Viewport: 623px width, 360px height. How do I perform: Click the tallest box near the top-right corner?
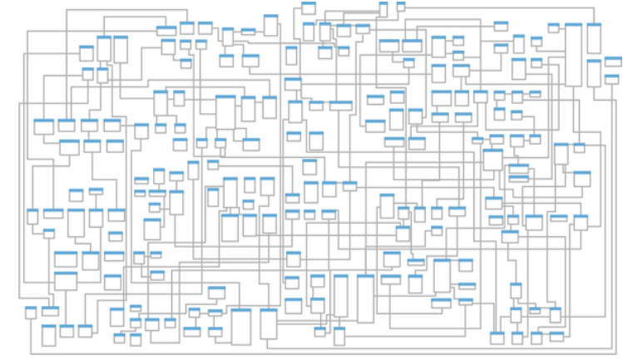(x=573, y=53)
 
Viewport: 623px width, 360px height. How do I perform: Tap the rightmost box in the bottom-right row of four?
(x=556, y=337)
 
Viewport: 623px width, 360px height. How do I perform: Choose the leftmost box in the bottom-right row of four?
(x=497, y=338)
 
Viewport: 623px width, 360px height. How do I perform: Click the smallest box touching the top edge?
(x=401, y=6)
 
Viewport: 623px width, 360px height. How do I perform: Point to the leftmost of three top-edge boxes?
(x=309, y=8)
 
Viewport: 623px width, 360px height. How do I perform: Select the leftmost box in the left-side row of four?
(x=43, y=126)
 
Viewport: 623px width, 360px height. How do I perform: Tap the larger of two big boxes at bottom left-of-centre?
(x=240, y=326)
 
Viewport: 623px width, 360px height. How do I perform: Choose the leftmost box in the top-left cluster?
(x=87, y=52)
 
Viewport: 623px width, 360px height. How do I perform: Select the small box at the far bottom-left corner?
(x=31, y=312)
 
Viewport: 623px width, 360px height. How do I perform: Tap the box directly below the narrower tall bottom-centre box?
(x=339, y=336)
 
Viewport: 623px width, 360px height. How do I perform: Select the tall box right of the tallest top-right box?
(x=594, y=38)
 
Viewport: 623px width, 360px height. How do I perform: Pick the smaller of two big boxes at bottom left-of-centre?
(x=268, y=323)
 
